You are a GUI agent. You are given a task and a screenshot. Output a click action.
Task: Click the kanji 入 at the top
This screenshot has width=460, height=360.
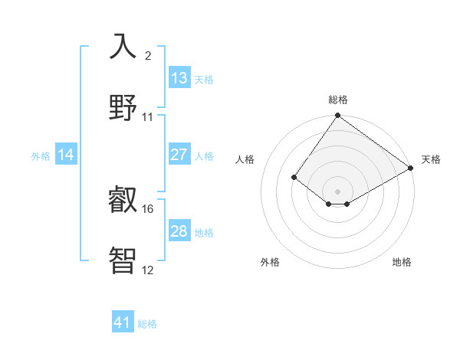coord(123,47)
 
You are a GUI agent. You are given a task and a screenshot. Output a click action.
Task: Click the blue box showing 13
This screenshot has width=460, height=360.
coord(179,78)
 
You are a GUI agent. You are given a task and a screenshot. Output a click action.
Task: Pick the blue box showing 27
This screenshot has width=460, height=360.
coord(179,155)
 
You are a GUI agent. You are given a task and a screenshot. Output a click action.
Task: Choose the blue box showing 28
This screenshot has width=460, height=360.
coord(179,231)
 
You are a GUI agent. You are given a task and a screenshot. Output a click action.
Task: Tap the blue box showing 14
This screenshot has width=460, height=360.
coord(66,155)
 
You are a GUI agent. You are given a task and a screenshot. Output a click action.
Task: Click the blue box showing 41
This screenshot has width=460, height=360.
coord(123,322)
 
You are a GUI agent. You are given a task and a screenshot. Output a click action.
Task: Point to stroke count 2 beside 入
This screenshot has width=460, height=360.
coord(148,56)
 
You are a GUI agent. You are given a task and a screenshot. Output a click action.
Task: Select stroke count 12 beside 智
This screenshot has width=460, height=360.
coord(147,269)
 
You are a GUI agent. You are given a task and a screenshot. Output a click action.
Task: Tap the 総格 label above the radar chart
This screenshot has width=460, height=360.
coord(338,100)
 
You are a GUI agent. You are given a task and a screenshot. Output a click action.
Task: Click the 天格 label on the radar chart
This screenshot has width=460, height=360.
coord(431,159)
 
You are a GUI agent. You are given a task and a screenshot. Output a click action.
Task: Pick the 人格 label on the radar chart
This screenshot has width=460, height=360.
coord(245,159)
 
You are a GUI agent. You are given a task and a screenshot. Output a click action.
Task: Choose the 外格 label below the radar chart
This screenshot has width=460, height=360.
coord(270,262)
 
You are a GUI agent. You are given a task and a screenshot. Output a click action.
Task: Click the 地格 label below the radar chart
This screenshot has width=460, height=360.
coord(402,262)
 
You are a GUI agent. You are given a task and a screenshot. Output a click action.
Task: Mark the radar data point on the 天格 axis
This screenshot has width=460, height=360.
coord(411,168)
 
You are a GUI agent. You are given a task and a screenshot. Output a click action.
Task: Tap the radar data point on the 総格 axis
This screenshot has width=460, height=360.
coord(338,116)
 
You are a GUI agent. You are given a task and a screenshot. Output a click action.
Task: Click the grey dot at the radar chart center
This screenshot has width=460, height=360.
coord(338,191)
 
